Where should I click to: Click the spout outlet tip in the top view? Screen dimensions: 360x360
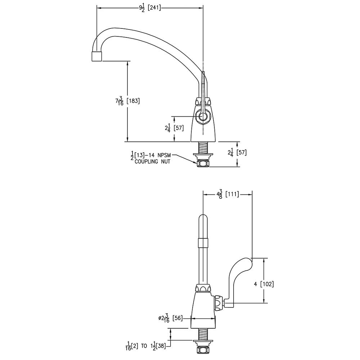[x=96, y=57]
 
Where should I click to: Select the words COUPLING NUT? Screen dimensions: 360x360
[x=152, y=162]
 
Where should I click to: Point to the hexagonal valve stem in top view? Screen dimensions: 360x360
[x=203, y=117]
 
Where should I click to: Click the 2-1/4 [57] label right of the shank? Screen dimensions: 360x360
[x=237, y=152]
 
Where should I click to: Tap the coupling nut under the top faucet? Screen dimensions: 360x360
[x=203, y=164]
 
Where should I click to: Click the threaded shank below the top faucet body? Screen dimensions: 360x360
[x=203, y=148]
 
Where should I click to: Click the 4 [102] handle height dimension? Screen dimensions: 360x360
[x=264, y=284]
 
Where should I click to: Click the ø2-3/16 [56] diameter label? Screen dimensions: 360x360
[x=171, y=318]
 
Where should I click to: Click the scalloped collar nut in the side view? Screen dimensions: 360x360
[x=203, y=288]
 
